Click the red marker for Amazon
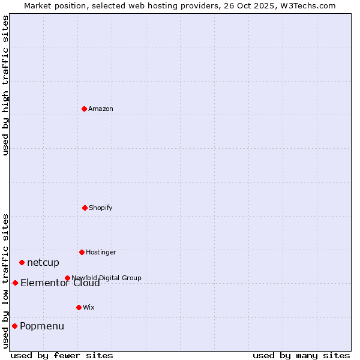84,109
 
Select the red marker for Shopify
85,208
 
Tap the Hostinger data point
82,252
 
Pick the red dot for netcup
22,262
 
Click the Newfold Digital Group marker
67,278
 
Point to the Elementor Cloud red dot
15,283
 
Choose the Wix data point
79,307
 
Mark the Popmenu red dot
14,326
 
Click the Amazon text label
101,109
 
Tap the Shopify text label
101,208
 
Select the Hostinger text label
101,252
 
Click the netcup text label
43,262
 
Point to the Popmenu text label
42,326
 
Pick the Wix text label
89,307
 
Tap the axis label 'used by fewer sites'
62,355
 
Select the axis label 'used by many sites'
301,355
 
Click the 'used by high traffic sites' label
5,85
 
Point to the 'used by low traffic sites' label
5,280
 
